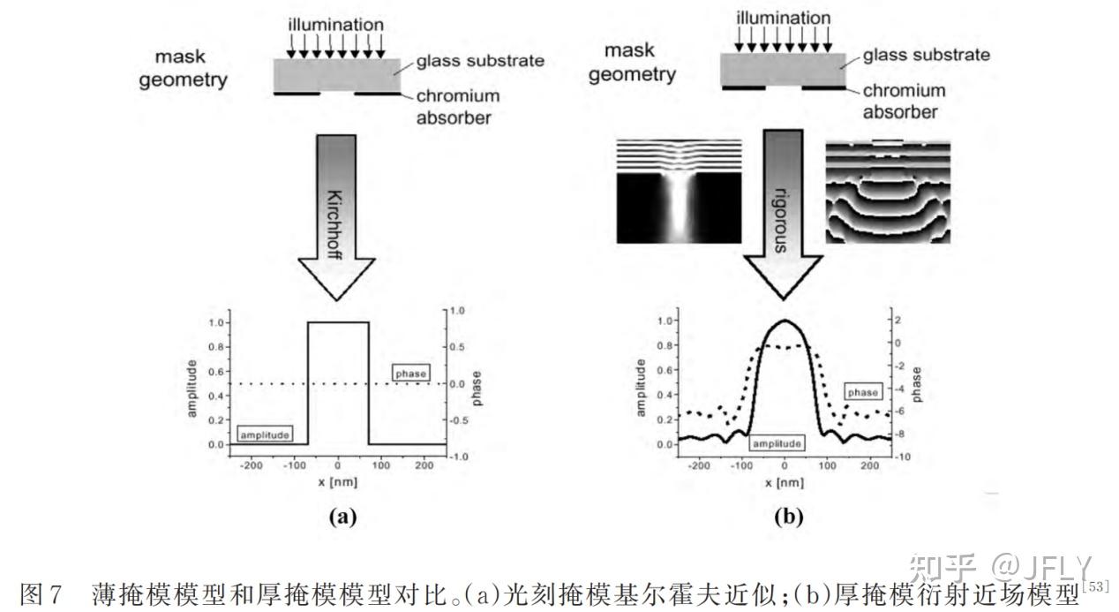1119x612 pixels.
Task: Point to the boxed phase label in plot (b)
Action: coord(862,391)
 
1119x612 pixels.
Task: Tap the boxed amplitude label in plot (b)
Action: coord(776,443)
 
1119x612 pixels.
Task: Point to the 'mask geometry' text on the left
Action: coord(189,69)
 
